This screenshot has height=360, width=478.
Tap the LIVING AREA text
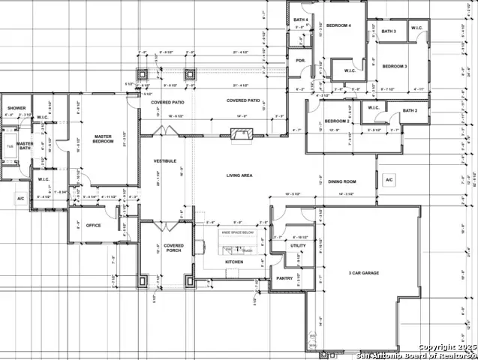[x=239, y=175]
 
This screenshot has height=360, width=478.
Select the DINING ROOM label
[x=341, y=181]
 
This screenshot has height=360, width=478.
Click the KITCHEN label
[x=234, y=262]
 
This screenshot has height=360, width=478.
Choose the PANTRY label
[x=284, y=278]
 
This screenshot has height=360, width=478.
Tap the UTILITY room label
[x=297, y=245]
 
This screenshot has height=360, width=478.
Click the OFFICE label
[x=94, y=225]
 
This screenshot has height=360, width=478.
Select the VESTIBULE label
[x=165, y=161]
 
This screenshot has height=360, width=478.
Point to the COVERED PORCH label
[x=173, y=248]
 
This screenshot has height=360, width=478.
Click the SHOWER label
[x=17, y=109]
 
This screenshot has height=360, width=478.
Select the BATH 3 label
[x=389, y=31]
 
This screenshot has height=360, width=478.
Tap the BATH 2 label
[x=410, y=111]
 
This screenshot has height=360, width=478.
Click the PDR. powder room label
[x=300, y=60]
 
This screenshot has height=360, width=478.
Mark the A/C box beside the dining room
[x=389, y=181]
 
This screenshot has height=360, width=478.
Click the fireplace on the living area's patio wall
[x=240, y=135]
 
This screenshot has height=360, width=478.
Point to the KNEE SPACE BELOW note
[x=237, y=233]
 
